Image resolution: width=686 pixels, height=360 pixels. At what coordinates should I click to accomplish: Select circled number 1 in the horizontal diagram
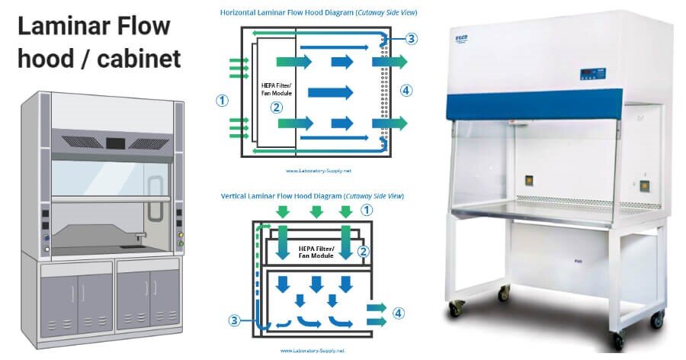222,100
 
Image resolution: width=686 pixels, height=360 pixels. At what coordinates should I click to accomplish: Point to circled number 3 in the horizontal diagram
412,39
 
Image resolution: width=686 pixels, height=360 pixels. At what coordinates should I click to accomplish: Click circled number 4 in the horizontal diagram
406,90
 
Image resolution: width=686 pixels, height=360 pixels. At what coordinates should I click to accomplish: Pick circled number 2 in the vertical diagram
364,251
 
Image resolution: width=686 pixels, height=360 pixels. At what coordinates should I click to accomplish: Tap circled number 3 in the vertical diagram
237,320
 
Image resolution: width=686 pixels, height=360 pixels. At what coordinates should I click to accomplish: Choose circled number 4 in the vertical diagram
398,313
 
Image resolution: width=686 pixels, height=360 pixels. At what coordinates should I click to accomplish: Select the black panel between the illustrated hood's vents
115,143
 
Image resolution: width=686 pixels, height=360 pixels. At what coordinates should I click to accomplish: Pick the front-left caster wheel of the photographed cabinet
455,308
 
